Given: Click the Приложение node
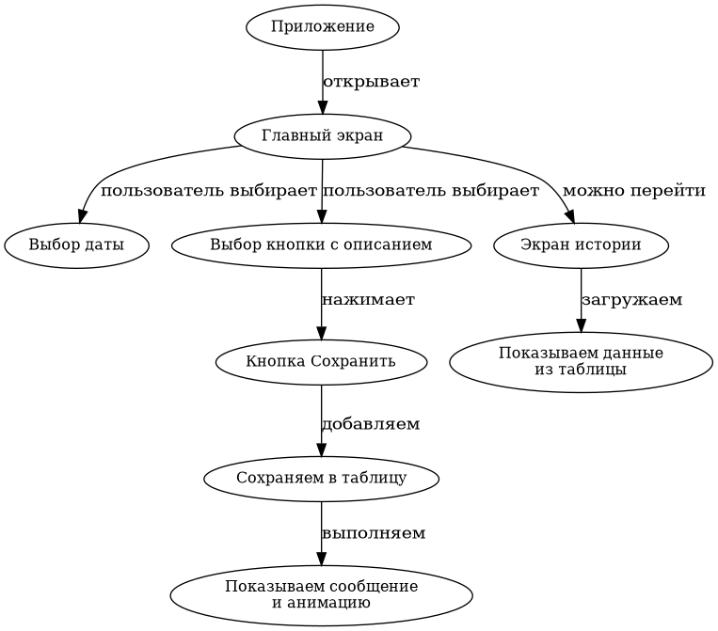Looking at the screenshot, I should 322,26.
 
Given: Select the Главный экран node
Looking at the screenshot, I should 322,135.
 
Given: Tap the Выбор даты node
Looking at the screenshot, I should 76,245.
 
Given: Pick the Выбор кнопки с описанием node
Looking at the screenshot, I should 321,245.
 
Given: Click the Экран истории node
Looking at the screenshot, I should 581,245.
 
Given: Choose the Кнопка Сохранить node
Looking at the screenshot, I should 321,361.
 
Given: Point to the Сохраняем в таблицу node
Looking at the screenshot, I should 321,478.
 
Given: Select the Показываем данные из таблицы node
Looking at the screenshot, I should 581,361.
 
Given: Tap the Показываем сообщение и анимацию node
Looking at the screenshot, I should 321,594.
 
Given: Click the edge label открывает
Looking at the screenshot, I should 371,82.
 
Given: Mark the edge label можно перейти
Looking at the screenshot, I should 633,191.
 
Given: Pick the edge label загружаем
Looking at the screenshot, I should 631,300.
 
